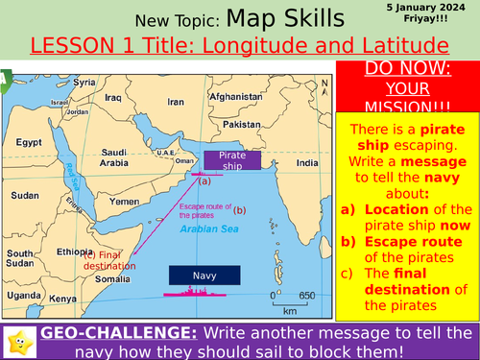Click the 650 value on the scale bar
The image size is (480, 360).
[x=306, y=295]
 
